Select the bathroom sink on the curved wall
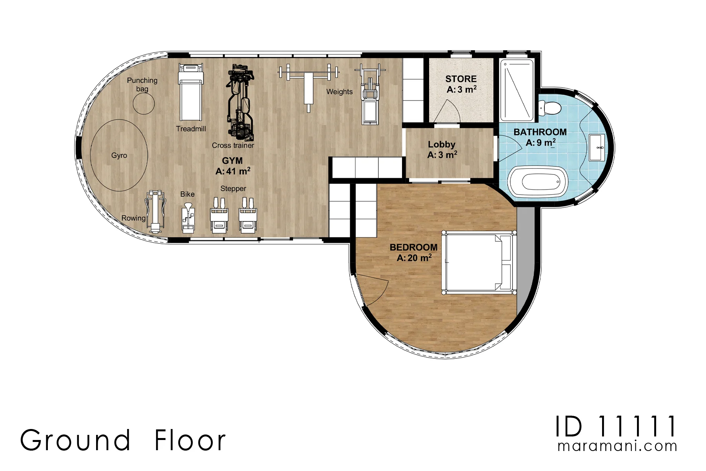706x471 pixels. (x=597, y=148)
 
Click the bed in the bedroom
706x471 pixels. (x=479, y=262)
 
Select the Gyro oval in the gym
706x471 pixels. (x=119, y=155)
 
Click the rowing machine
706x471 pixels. (x=156, y=212)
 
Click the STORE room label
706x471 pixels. (x=461, y=79)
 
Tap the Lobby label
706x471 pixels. (x=441, y=144)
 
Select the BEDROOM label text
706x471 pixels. (x=413, y=247)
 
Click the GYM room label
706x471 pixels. (x=232, y=161)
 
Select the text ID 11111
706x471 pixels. (x=616, y=427)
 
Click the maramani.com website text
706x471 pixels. (x=617, y=446)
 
